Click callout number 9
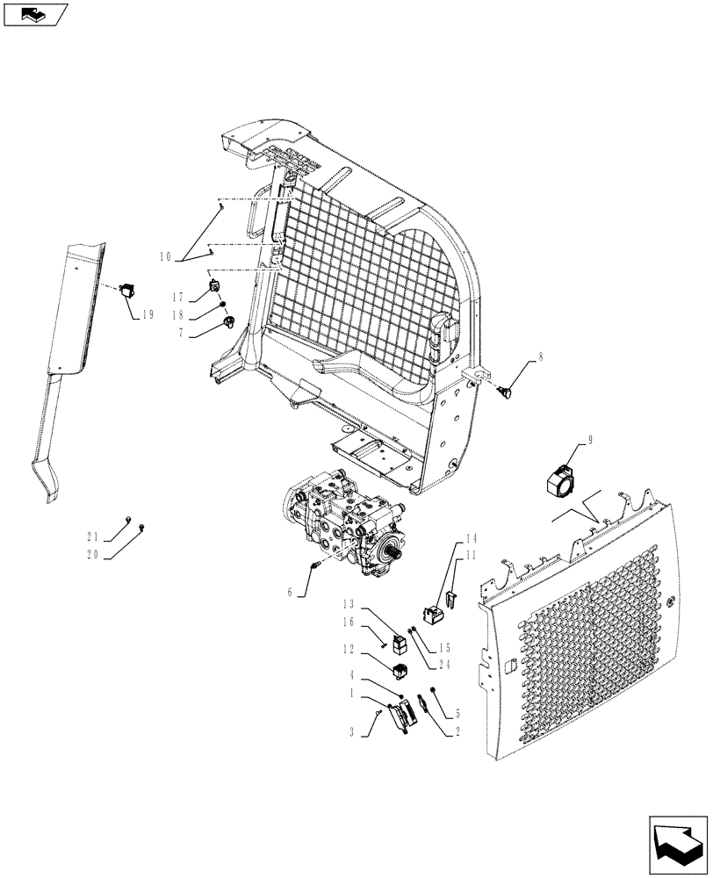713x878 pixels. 591,442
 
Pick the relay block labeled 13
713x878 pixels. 400,642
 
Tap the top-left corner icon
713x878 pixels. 33,13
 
